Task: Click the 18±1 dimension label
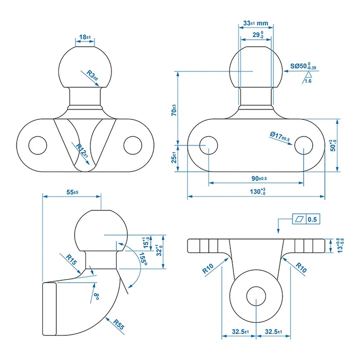85,37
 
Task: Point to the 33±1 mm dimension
255,23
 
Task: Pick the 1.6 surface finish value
308,81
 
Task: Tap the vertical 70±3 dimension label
174,110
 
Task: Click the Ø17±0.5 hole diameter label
280,136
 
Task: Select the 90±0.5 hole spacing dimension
256,178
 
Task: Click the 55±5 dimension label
72,192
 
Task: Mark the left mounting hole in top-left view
37,145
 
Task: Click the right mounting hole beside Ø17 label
304,145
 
